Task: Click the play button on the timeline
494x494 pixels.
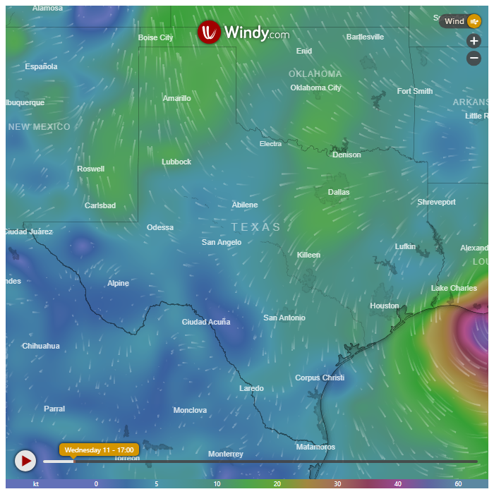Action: click(25, 461)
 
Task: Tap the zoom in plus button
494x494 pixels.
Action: click(474, 41)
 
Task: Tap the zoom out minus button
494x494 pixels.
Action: click(474, 59)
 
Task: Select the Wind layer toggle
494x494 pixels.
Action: click(461, 21)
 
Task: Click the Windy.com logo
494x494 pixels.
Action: click(243, 32)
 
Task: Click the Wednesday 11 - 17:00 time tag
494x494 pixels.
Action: click(99, 450)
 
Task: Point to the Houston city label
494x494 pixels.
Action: click(385, 306)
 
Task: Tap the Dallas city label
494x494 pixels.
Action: click(339, 192)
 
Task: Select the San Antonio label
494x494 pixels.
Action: click(284, 318)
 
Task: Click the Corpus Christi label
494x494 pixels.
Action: click(320, 378)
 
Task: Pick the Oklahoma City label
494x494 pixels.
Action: click(315, 88)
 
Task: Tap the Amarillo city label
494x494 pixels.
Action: click(176, 98)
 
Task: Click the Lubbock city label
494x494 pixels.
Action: click(176, 162)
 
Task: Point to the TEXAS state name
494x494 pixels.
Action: click(256, 227)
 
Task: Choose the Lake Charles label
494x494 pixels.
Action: click(454, 288)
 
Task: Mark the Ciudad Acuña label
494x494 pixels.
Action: click(206, 322)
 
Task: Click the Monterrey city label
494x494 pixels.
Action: click(226, 454)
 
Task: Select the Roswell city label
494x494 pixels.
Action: click(90, 169)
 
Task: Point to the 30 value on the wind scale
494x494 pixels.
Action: click(338, 484)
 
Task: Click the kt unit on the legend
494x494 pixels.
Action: click(35, 484)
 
